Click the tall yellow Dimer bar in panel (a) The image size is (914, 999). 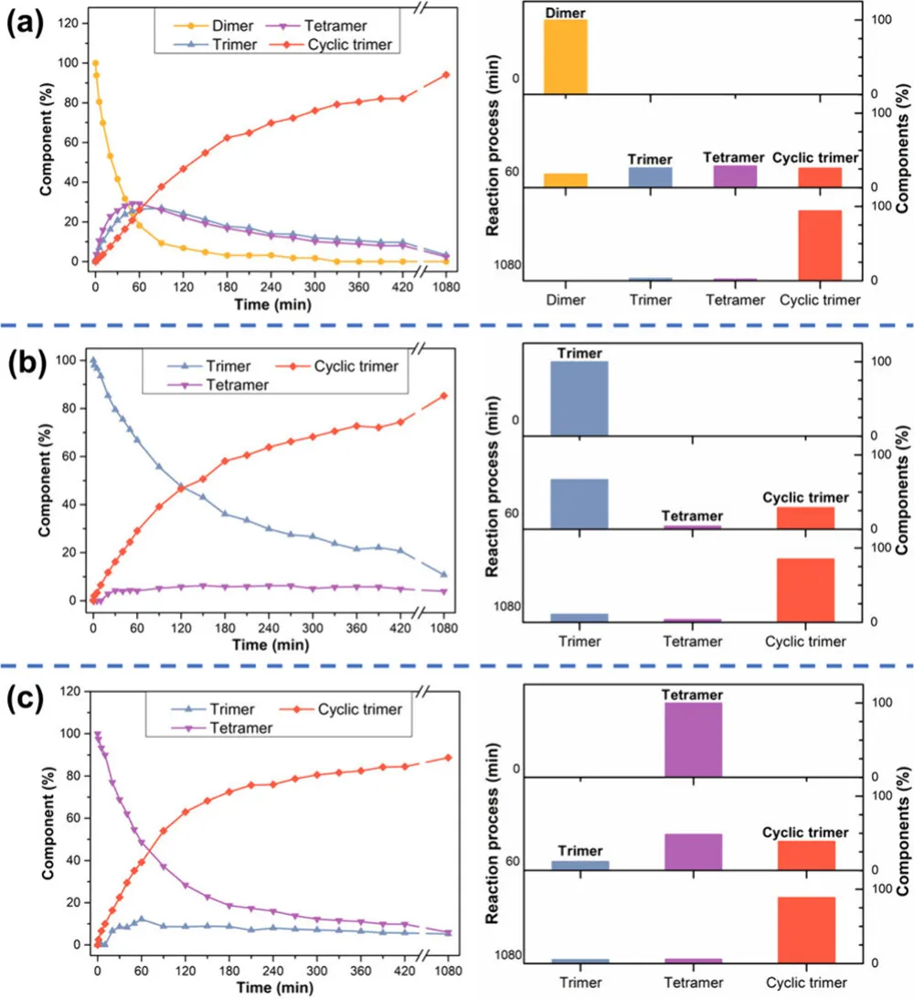[x=565, y=56]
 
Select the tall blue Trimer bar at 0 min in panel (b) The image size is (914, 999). [x=579, y=398]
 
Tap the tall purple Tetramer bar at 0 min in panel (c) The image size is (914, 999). [x=693, y=739]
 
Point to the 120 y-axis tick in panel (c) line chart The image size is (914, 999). [x=73, y=692]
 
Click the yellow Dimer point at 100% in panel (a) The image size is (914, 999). [x=95, y=63]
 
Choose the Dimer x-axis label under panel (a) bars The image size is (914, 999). [x=565, y=299]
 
